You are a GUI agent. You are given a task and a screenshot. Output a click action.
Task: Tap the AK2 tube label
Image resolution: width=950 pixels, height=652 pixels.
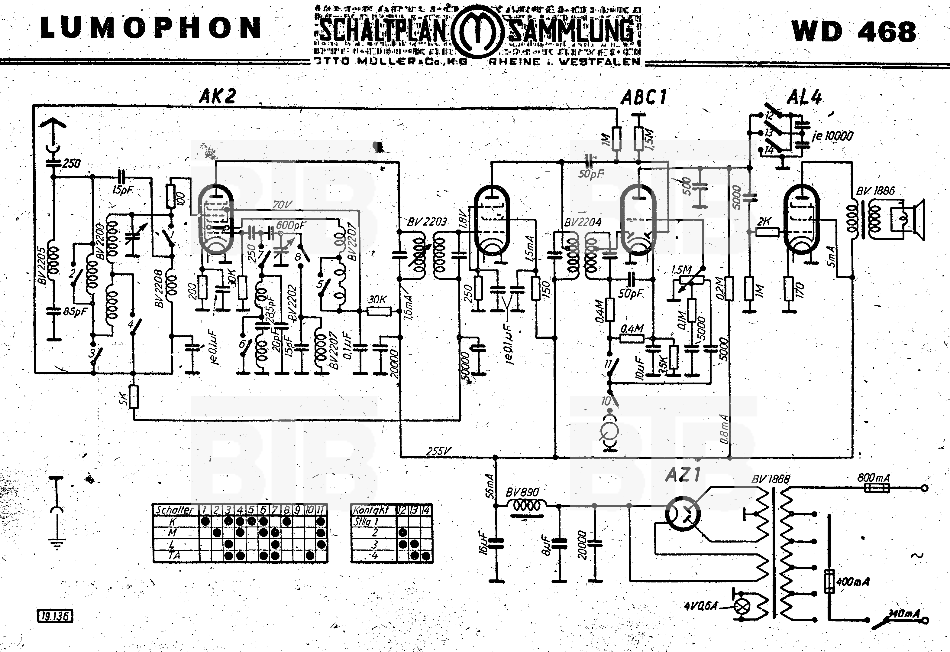(x=218, y=96)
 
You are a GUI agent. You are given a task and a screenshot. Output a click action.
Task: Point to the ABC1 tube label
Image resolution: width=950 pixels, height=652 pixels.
(x=644, y=98)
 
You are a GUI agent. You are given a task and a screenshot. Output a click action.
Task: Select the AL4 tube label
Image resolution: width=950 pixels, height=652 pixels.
(x=804, y=97)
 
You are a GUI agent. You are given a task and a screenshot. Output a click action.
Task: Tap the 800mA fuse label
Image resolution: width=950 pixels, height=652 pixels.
(x=873, y=477)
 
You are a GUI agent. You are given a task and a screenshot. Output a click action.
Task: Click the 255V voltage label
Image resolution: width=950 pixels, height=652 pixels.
(x=438, y=451)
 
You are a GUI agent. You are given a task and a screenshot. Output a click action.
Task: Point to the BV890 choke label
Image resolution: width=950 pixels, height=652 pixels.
(x=522, y=492)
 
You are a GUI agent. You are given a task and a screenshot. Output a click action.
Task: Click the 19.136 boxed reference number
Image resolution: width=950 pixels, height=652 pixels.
(x=55, y=616)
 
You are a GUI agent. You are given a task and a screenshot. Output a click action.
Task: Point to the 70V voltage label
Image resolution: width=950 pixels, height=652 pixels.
(x=282, y=204)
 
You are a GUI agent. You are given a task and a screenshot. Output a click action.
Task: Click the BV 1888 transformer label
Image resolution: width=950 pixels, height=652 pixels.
(x=770, y=479)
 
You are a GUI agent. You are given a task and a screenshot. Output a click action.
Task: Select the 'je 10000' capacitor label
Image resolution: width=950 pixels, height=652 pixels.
(x=832, y=136)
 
